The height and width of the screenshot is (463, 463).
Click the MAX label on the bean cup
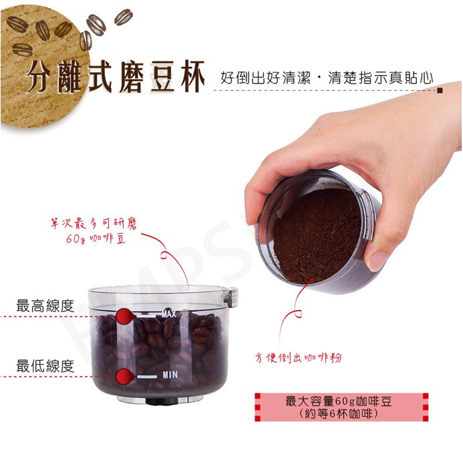pos(169,313)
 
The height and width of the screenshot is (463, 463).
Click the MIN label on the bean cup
pos(170,375)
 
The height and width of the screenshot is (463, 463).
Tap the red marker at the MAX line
pos(125,316)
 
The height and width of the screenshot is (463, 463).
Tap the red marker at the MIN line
pos(125,377)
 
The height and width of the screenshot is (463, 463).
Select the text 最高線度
pos(45,305)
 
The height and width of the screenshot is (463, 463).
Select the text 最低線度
pos(45,366)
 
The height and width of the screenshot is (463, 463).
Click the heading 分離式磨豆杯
pos(116,77)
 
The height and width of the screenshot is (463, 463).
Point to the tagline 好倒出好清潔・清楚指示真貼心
pos(327,78)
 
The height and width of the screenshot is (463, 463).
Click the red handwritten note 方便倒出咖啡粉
pos(298,358)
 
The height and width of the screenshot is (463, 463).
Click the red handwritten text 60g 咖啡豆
pos(96,239)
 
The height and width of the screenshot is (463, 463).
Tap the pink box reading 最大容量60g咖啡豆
pos(341,407)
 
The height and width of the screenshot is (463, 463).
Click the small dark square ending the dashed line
pos(440,90)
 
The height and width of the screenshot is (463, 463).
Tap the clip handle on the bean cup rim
pos(231,298)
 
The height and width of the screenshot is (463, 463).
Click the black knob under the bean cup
pos(161,402)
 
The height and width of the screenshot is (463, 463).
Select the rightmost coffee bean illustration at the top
pos(124,17)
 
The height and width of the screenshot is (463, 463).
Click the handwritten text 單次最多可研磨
pos(94,224)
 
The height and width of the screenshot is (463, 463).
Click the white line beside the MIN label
pos(147,377)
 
